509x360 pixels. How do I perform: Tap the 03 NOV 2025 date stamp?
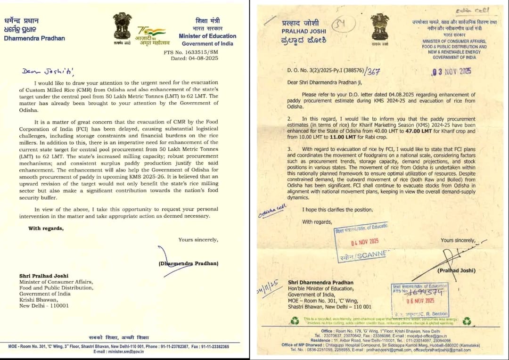tap(452, 72)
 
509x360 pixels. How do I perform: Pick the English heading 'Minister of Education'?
tap(207, 36)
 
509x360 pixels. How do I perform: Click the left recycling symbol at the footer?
tap(295, 320)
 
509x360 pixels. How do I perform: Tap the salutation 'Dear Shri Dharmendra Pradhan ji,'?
tap(330, 84)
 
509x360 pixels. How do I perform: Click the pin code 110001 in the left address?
tap(58, 305)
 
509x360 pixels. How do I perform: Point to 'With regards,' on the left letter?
tap(46, 229)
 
